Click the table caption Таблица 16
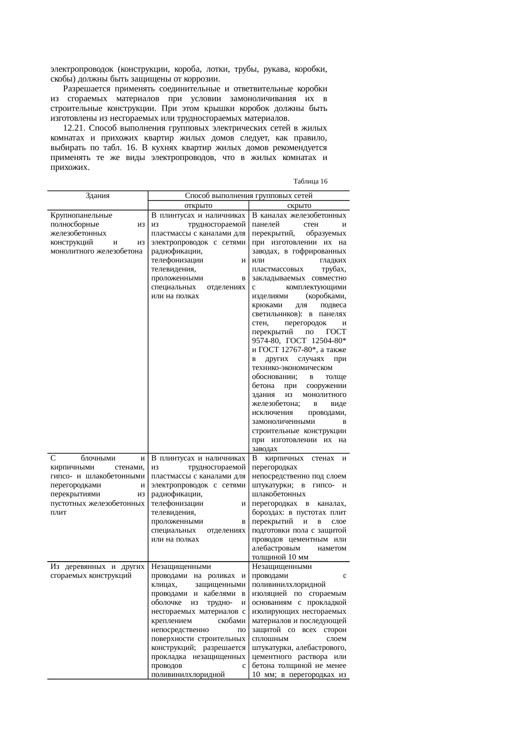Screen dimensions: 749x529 pyautogui.click(x=310, y=181)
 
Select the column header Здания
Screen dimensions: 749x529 pyautogui.click(x=98, y=196)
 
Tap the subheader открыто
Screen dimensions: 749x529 pyautogui.click(x=198, y=206)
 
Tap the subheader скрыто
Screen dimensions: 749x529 pyautogui.click(x=299, y=206)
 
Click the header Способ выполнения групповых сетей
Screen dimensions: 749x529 pyautogui.click(x=249, y=196)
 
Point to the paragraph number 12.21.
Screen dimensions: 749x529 pyautogui.click(x=75, y=128)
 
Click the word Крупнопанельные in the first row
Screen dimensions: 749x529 pyautogui.click(x=81, y=216)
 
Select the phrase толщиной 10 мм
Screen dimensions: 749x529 pyautogui.click(x=280, y=557)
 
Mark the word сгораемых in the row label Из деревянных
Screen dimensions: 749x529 pyautogui.click(x=67, y=576)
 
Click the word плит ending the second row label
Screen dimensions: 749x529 pyautogui.click(x=58, y=512)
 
